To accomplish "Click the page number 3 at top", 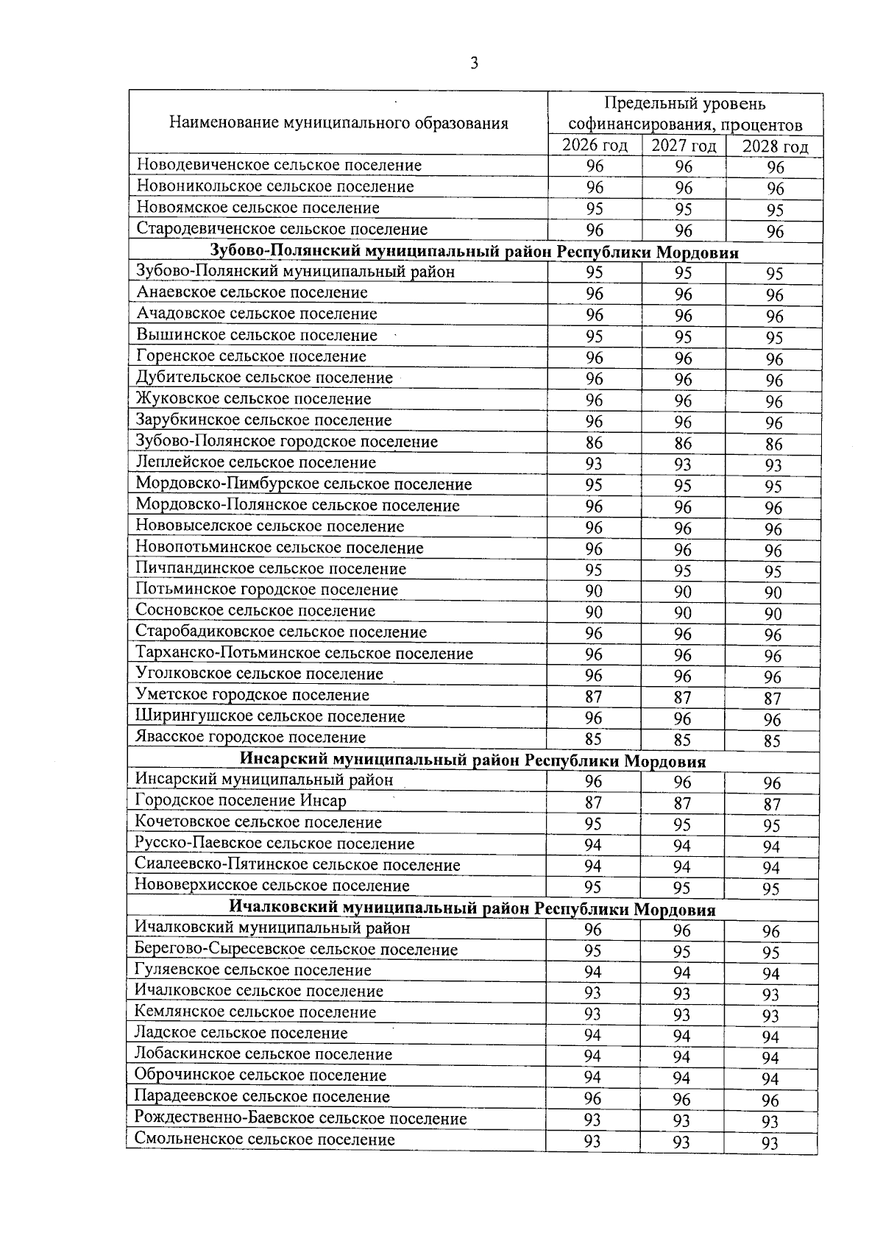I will coord(474,63).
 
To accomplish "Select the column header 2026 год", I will coord(595,145).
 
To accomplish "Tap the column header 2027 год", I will coord(684,146).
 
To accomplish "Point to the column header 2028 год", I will coord(775,146).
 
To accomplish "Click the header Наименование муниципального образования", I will coord(338,122).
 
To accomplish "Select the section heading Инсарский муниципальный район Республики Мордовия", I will coord(473,760).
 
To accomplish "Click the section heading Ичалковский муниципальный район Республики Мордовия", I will coord(472,909).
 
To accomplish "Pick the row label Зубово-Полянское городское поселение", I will coord(287,442).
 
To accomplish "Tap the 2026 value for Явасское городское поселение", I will coord(593,739).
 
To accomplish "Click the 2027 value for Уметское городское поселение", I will coord(683,697).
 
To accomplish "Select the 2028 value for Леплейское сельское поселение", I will coord(773,465).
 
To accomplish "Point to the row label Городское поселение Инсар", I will coord(241,800).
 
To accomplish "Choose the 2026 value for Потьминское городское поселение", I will coord(594,591).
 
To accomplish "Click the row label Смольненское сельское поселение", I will coord(265,1140).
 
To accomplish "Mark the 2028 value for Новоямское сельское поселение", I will coord(775,211).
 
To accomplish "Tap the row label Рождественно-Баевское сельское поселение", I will coord(300,1118).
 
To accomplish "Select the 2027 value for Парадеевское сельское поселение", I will coord(682,1100).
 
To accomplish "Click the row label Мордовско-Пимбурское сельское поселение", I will coord(304,484).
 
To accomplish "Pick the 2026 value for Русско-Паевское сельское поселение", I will coord(593,844).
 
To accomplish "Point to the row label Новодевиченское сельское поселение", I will coord(280,165).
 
